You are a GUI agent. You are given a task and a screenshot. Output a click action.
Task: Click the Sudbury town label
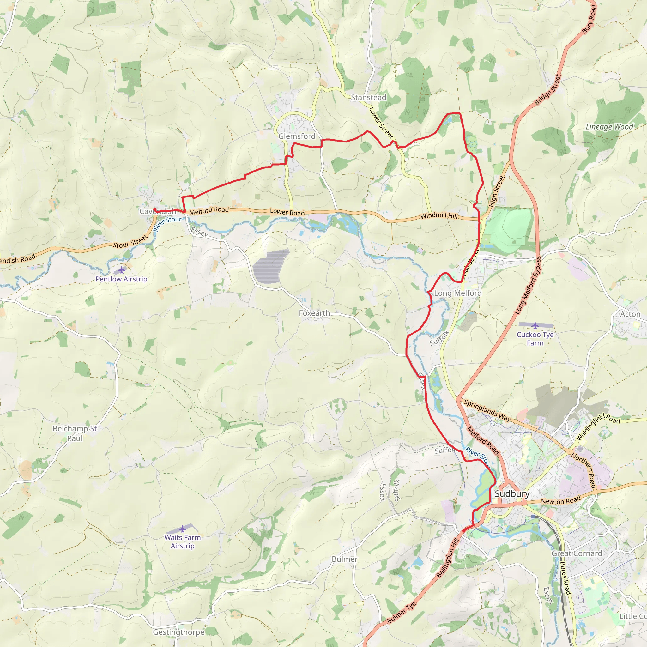(x=512, y=494)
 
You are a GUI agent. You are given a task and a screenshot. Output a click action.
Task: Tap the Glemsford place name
(x=297, y=136)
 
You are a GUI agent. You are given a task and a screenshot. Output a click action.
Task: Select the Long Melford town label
(x=457, y=293)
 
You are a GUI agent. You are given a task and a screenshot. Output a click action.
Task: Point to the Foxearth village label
(x=314, y=313)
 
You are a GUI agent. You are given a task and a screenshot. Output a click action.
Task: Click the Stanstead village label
(x=368, y=97)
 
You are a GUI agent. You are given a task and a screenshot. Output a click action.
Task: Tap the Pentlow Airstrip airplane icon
(x=121, y=270)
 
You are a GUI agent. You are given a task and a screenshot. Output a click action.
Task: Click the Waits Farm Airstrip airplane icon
(x=182, y=529)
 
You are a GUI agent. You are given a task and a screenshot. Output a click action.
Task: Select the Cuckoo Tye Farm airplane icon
(x=535, y=325)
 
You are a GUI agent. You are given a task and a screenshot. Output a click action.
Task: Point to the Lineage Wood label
(x=609, y=127)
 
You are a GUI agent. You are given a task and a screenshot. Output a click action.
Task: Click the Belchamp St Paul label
(x=75, y=433)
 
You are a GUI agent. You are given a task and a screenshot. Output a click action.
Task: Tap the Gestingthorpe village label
(x=178, y=632)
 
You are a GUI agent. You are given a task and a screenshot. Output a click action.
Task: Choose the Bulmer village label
(x=344, y=559)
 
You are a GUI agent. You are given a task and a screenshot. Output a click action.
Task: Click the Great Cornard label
(x=577, y=553)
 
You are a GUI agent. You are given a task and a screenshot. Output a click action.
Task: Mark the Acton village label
(x=630, y=314)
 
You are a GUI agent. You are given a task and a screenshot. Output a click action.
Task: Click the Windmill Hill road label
(x=439, y=216)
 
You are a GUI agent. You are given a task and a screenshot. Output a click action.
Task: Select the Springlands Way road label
(x=487, y=411)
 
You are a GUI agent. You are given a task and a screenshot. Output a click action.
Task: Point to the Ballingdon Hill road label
(x=448, y=558)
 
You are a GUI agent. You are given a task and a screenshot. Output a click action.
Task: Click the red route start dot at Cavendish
(x=155, y=209)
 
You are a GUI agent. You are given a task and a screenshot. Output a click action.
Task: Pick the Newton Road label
(x=561, y=501)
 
